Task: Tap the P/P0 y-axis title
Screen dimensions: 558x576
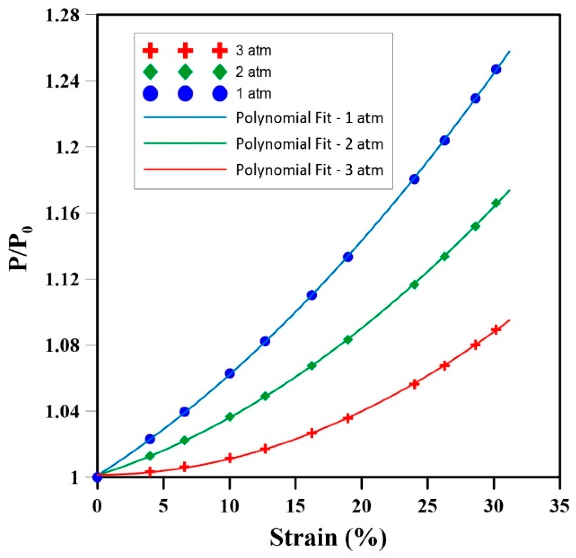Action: point(20,248)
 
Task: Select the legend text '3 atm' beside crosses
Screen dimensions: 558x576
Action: point(253,51)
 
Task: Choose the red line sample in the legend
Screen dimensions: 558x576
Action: point(185,170)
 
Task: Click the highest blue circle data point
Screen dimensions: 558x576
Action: point(496,69)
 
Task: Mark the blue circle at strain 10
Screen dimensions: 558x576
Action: point(229,373)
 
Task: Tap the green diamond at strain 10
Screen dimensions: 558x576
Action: point(229,417)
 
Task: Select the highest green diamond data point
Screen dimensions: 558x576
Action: point(496,203)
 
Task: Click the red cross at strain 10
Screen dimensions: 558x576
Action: point(229,458)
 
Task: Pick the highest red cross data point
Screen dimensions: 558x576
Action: point(496,330)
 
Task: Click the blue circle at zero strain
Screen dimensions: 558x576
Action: point(98,477)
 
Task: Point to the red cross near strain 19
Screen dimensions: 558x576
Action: point(348,418)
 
